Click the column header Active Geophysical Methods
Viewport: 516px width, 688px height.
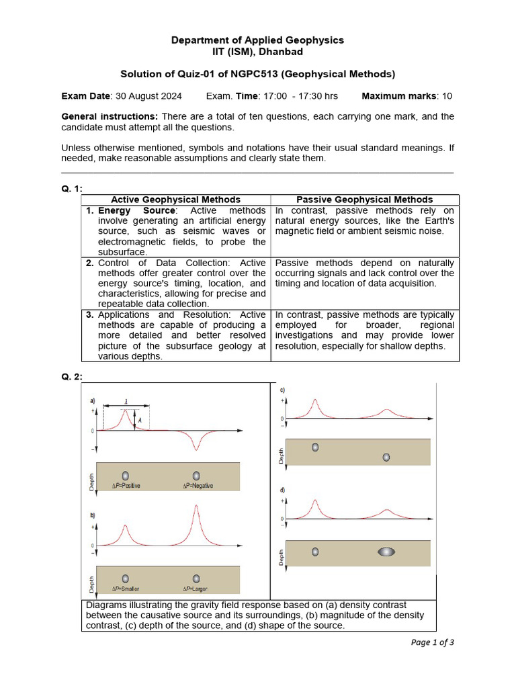(x=175, y=200)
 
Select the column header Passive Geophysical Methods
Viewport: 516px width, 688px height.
(x=365, y=200)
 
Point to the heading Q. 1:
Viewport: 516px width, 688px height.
(x=72, y=189)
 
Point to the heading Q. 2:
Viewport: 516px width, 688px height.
(x=72, y=376)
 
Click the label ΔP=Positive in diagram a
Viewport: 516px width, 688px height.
(x=126, y=486)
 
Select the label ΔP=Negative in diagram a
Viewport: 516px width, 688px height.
(x=198, y=486)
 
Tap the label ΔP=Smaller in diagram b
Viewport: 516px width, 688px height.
(x=126, y=589)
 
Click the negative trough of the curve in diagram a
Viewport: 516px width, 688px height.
(x=196, y=448)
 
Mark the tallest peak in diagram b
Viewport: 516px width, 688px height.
(x=196, y=507)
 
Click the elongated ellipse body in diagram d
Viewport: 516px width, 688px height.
(x=386, y=552)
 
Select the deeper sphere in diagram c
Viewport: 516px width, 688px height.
(x=386, y=457)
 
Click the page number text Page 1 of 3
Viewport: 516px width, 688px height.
(x=432, y=642)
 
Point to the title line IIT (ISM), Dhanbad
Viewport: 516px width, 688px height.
(x=257, y=52)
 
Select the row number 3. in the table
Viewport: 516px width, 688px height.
(x=90, y=314)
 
